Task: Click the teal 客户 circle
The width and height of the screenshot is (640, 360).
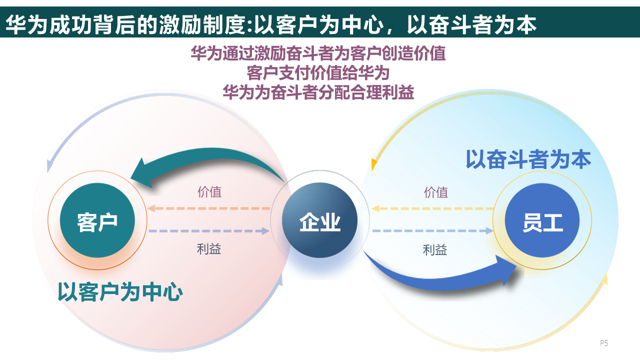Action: click(x=97, y=220)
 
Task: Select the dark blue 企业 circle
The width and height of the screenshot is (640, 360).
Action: click(x=319, y=220)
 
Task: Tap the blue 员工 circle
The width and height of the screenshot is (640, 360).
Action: click(x=542, y=220)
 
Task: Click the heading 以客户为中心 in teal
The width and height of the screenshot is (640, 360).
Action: click(x=120, y=292)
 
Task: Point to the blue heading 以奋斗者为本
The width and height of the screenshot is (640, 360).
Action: click(x=528, y=159)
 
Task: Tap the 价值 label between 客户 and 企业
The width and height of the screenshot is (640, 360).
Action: click(x=209, y=192)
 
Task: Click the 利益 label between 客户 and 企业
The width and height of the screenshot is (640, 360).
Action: click(x=209, y=248)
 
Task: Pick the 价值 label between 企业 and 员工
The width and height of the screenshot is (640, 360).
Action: click(x=436, y=192)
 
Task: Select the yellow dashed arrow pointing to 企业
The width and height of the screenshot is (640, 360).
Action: click(x=432, y=208)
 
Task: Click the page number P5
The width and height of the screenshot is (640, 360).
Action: click(x=604, y=343)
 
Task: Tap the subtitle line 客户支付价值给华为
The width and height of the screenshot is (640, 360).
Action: click(x=318, y=73)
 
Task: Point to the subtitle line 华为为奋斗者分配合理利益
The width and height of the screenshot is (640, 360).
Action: click(x=318, y=92)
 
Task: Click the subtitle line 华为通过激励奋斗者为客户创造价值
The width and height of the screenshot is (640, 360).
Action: click(x=318, y=53)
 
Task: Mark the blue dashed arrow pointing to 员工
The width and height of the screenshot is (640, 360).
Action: click(x=433, y=230)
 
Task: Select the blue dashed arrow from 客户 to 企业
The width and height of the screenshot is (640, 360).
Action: click(x=209, y=230)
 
